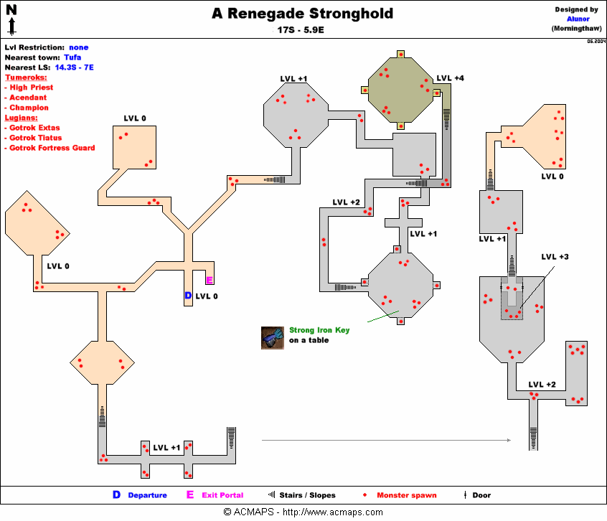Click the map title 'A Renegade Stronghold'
(x=302, y=14)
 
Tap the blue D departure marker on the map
(x=188, y=296)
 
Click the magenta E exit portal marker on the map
(x=209, y=281)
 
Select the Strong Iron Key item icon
(x=273, y=338)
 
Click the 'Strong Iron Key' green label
(x=319, y=330)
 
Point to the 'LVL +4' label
(x=450, y=78)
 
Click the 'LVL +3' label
(x=555, y=257)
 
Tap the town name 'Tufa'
(x=72, y=57)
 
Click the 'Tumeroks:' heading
(x=26, y=77)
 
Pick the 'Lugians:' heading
(x=22, y=117)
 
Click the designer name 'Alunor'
(x=575, y=19)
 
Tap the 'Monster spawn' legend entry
(x=405, y=495)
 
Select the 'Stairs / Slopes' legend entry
(x=307, y=495)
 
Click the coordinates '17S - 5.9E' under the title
(x=302, y=31)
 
